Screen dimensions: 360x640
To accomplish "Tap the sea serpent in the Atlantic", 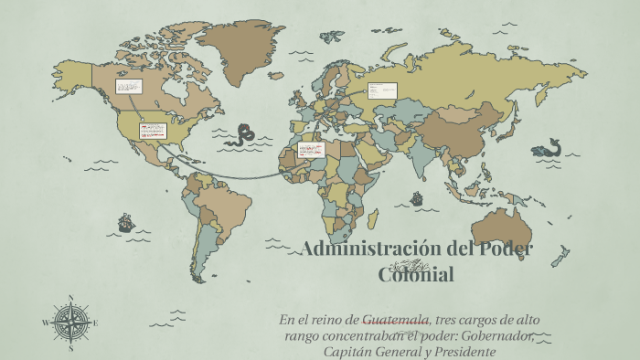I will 242,135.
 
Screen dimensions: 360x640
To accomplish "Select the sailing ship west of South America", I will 125,222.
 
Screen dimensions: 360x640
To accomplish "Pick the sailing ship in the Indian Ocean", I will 417,198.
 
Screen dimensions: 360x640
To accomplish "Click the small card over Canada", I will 127,87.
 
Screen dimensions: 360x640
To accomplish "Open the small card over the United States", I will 152,131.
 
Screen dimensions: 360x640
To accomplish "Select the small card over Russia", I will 382,90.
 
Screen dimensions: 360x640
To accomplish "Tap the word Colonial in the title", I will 415,273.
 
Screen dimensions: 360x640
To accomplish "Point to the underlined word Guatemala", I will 396,320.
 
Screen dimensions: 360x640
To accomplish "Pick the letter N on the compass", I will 70,298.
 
